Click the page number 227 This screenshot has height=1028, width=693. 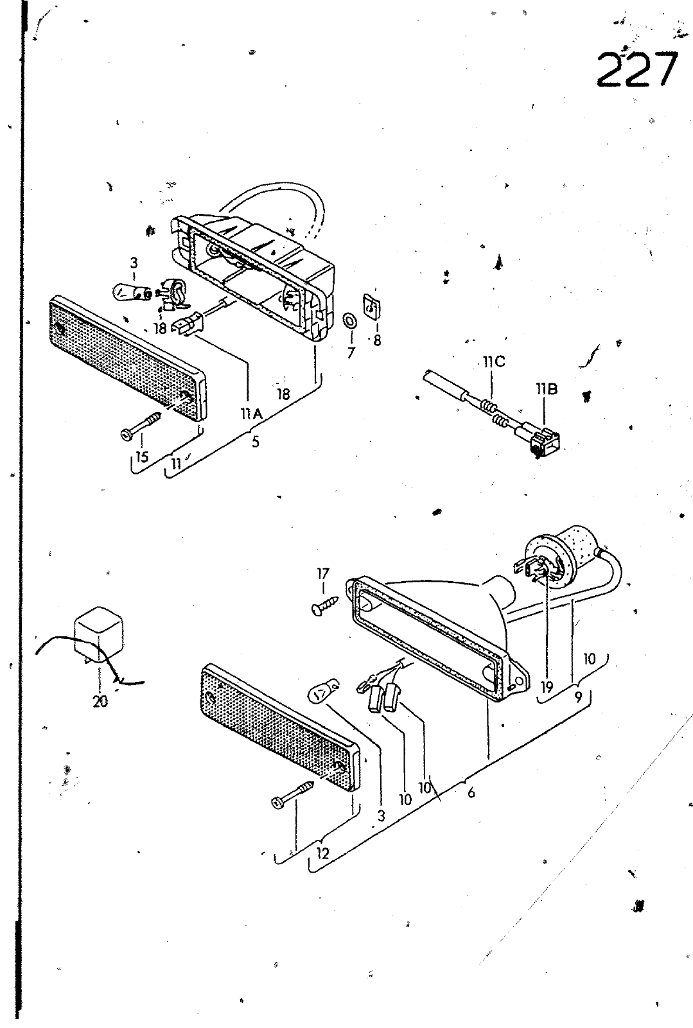coord(637,70)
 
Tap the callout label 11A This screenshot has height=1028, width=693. coord(251,414)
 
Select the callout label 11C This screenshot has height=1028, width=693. coord(494,362)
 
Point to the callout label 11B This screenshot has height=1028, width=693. coord(547,389)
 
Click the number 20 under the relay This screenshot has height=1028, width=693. coord(100,701)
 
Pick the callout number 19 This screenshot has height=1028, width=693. coord(546,687)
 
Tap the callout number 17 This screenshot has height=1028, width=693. coord(323,573)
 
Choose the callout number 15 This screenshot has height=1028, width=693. coord(142,457)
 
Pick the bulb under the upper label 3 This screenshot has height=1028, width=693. coord(132,291)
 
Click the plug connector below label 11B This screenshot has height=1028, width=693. coord(545,441)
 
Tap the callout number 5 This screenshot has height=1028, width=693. coord(256,442)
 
